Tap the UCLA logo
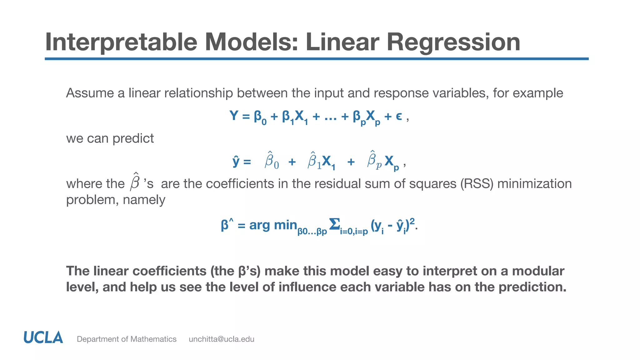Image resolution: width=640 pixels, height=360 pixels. pyautogui.click(x=43, y=338)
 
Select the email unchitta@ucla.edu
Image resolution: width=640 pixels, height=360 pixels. pyautogui.click(x=221, y=339)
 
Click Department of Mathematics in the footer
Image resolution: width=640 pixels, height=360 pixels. pyautogui.click(x=127, y=339)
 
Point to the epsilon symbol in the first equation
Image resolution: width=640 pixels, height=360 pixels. pyautogui.click(x=399, y=117)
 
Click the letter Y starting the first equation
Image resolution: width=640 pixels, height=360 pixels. pyautogui.click(x=234, y=116)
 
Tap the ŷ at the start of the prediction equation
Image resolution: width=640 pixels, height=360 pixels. pyautogui.click(x=236, y=162)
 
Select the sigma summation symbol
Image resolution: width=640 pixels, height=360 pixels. pyautogui.click(x=334, y=224)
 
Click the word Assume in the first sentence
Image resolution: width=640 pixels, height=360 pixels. pyautogui.click(x=90, y=93)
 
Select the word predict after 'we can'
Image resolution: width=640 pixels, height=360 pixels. pyautogui.click(x=133, y=138)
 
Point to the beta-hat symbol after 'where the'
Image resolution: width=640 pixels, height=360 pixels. pyautogui.click(x=135, y=182)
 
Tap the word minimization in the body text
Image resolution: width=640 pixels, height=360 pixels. pyautogui.click(x=534, y=184)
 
